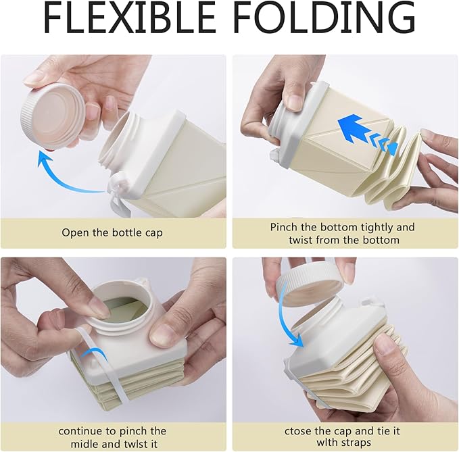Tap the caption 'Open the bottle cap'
pos(112,232)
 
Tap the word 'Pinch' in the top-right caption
pos(284,227)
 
